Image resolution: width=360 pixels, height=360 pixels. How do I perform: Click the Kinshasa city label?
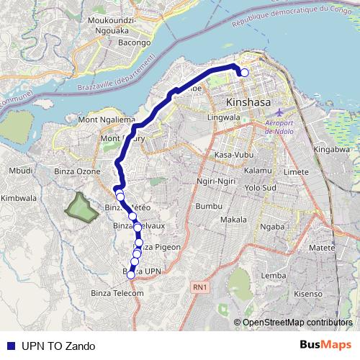(248, 102)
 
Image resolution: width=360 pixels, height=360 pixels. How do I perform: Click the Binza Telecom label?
(118, 293)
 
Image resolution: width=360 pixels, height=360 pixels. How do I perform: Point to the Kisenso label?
(308, 294)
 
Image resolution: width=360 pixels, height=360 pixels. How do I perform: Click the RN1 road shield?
(199, 288)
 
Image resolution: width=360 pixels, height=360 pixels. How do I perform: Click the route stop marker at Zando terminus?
(244, 72)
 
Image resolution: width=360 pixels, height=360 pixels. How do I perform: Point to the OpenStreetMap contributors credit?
(297, 322)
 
